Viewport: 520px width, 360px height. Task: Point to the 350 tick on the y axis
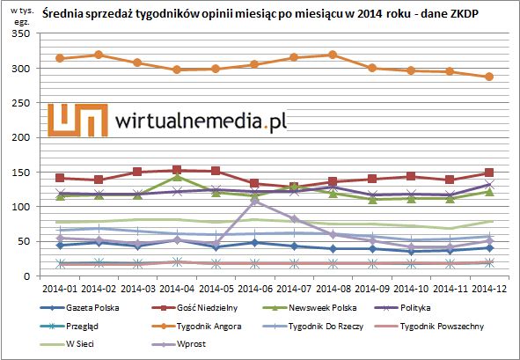tap(20, 34)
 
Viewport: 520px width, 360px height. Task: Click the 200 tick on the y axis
tap(20, 137)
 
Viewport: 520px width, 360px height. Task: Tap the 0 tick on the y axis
tap(27, 276)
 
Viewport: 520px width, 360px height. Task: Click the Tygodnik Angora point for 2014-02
tap(99, 55)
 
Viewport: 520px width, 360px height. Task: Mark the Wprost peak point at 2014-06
tap(255, 201)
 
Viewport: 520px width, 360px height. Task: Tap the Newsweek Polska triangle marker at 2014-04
tap(177, 177)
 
